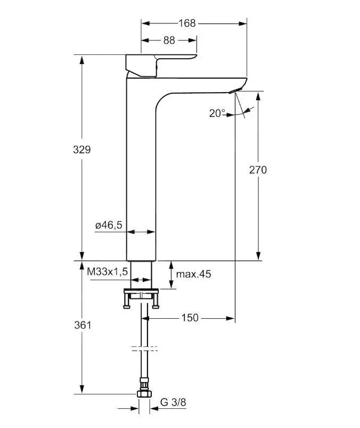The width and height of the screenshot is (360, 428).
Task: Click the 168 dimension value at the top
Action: click(x=187, y=23)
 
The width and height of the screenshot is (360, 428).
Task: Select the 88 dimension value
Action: click(x=169, y=41)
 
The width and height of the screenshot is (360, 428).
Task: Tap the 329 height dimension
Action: click(x=81, y=150)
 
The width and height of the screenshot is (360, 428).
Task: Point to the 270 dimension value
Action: click(x=258, y=169)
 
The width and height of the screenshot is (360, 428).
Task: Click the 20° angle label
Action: click(x=217, y=113)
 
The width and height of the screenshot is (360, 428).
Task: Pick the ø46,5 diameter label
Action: click(x=109, y=225)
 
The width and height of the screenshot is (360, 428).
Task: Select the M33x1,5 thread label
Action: click(x=108, y=272)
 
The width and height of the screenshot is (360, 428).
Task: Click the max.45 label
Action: click(x=194, y=274)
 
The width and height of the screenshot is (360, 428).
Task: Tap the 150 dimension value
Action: click(x=190, y=318)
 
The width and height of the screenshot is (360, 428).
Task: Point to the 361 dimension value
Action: click(x=81, y=325)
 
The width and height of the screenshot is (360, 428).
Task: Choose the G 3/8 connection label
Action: click(x=173, y=402)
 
